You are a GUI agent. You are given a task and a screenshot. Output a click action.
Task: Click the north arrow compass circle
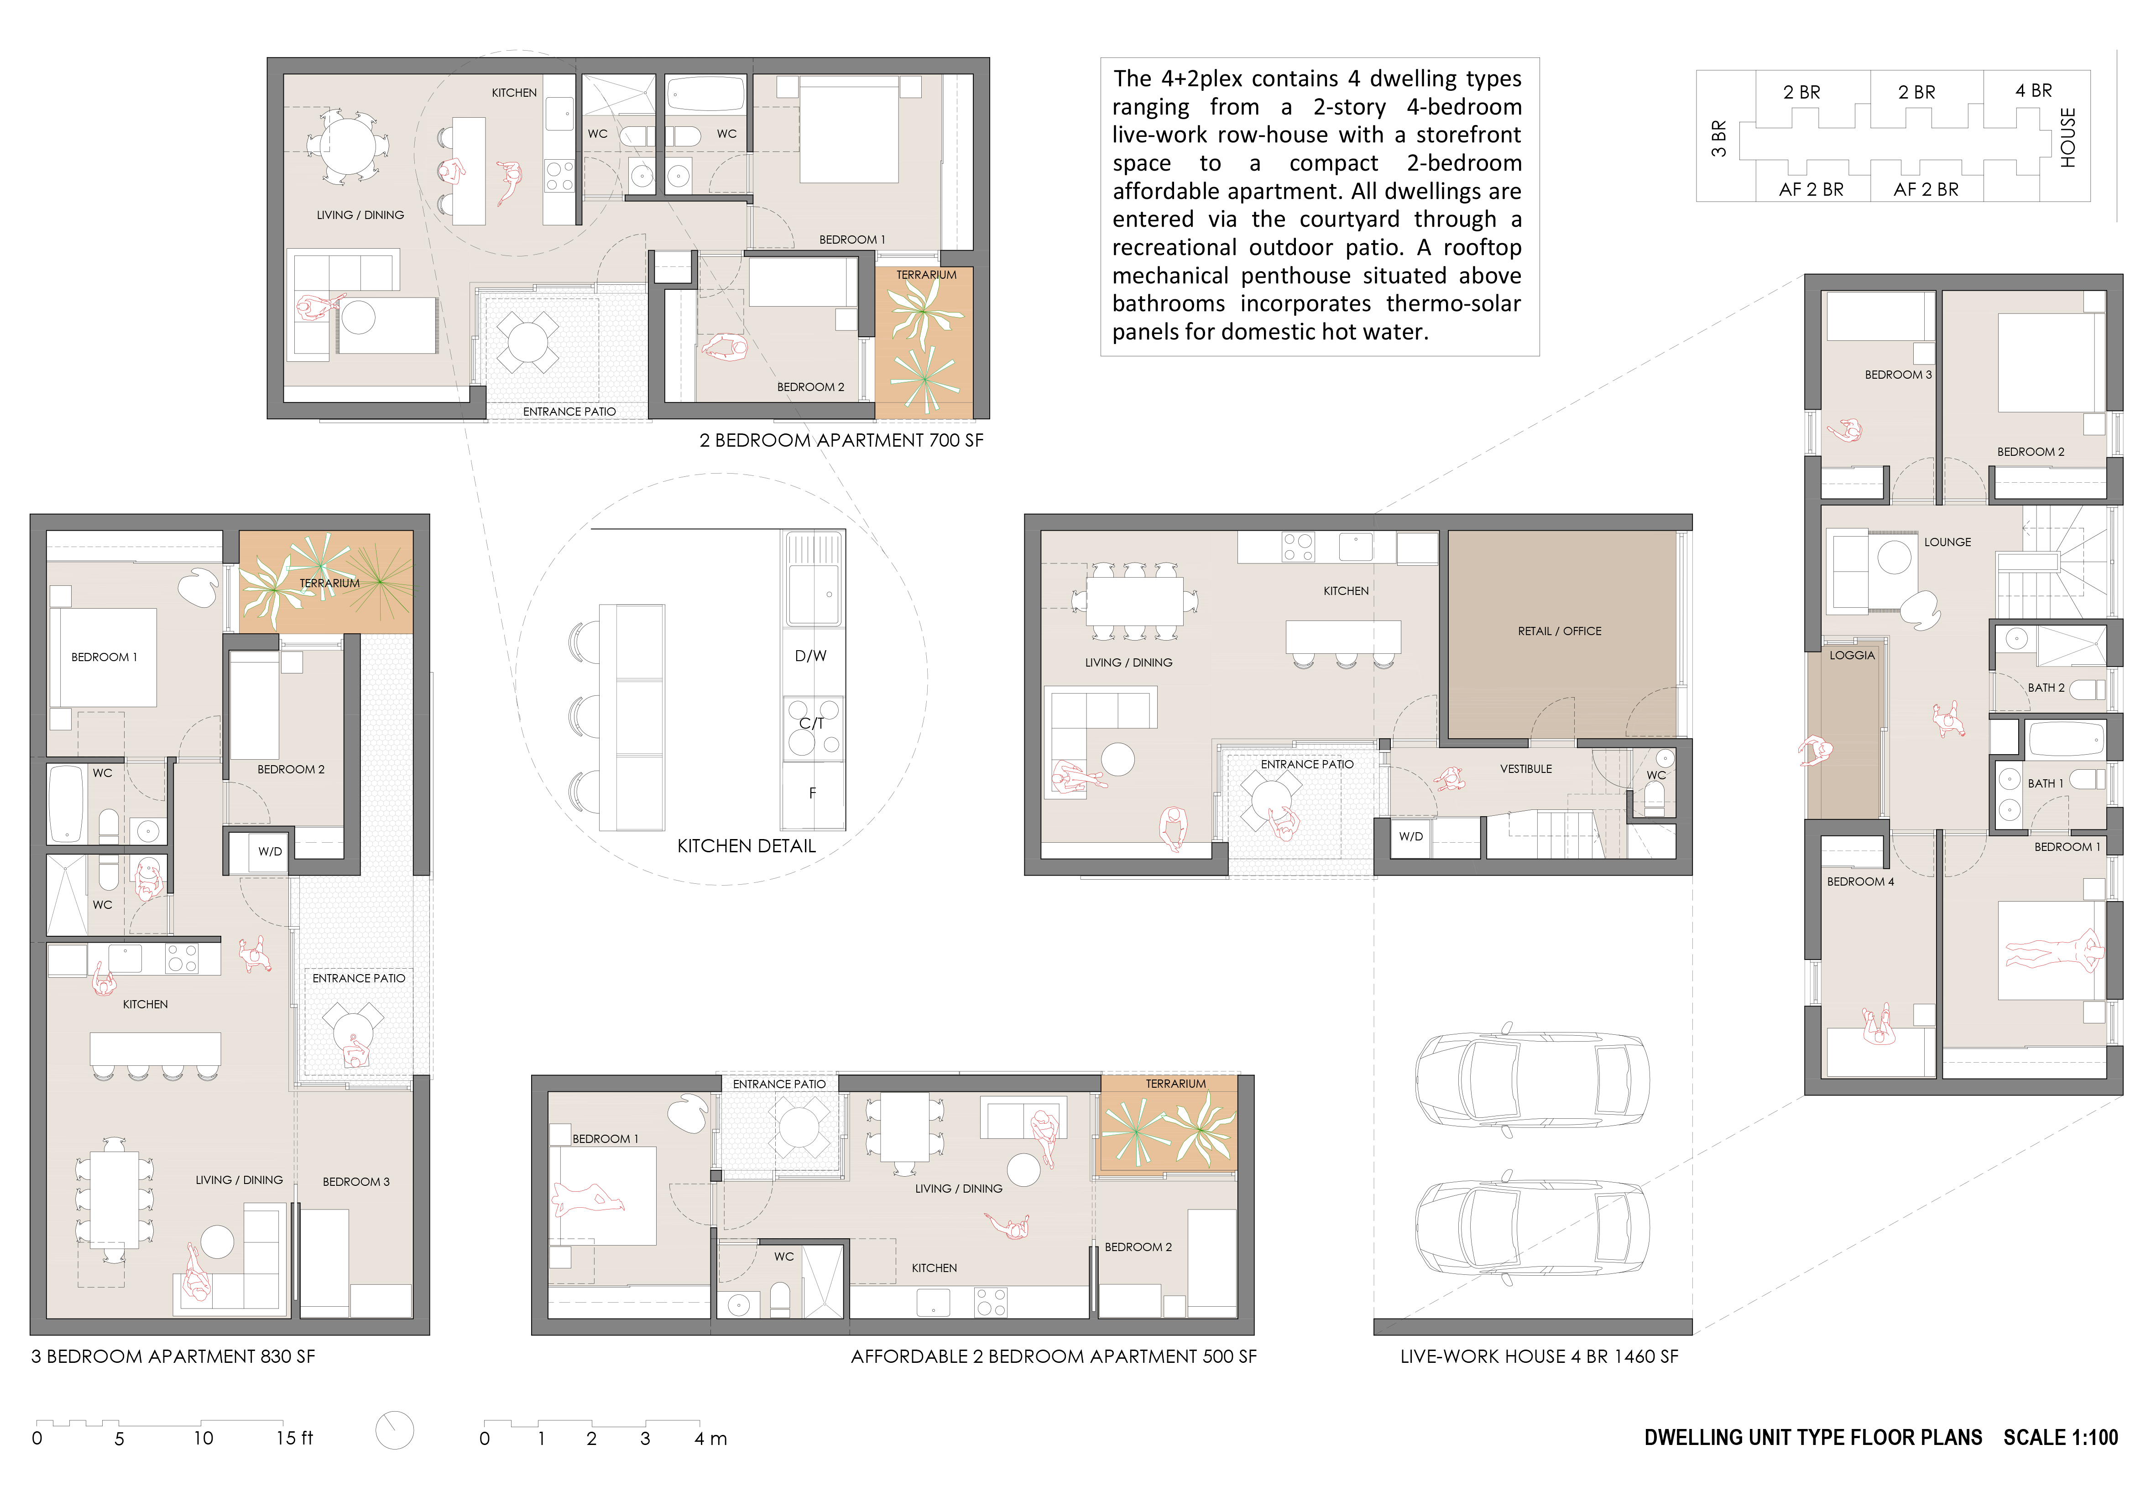coord(394,1430)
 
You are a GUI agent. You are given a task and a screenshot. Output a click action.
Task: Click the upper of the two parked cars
coord(1532,1079)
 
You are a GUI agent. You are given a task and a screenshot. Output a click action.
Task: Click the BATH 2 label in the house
coord(2046,688)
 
